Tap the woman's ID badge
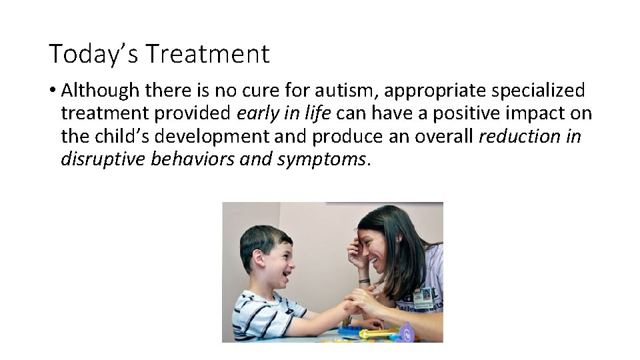[x=422, y=297]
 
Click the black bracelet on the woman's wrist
[x=363, y=281]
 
